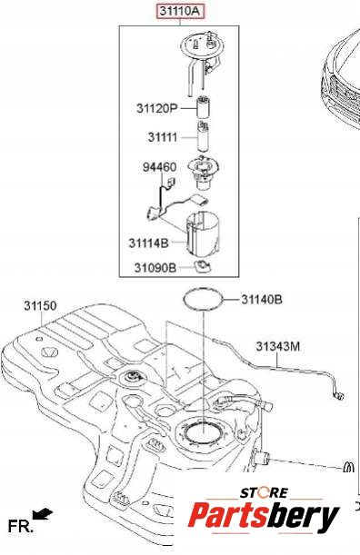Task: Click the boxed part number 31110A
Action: tap(180, 11)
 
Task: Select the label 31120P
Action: tap(156, 108)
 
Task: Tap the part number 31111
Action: tap(163, 137)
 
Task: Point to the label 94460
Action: tap(159, 167)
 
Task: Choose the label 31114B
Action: tap(148, 243)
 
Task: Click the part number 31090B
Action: tap(155, 268)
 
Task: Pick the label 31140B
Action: tap(262, 300)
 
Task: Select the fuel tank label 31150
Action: tap(40, 305)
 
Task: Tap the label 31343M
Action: tap(278, 346)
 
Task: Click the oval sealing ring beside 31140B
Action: tap(204, 290)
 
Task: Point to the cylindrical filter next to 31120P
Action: tap(203, 107)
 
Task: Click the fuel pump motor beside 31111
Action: tap(203, 136)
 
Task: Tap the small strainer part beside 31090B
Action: tap(204, 266)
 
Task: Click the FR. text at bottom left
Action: tap(21, 526)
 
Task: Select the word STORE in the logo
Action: tap(265, 492)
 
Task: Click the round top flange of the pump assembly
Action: tap(203, 46)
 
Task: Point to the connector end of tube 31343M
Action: tap(339, 395)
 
